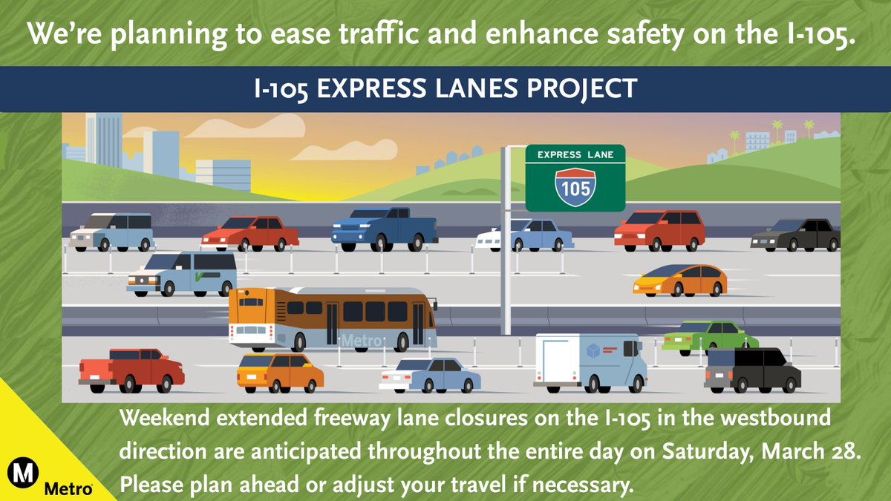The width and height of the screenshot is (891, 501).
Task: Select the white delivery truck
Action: pyautogui.click(x=589, y=361)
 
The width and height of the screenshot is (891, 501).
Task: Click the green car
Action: pyautogui.click(x=709, y=338)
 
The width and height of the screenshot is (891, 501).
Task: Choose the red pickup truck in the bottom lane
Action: pyautogui.click(x=131, y=369)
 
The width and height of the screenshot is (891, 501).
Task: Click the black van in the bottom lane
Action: pyautogui.click(x=752, y=370)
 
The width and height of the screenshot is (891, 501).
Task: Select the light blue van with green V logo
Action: pyautogui.click(x=182, y=273)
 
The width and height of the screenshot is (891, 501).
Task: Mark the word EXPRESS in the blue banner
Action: pyautogui.click(x=366, y=89)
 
